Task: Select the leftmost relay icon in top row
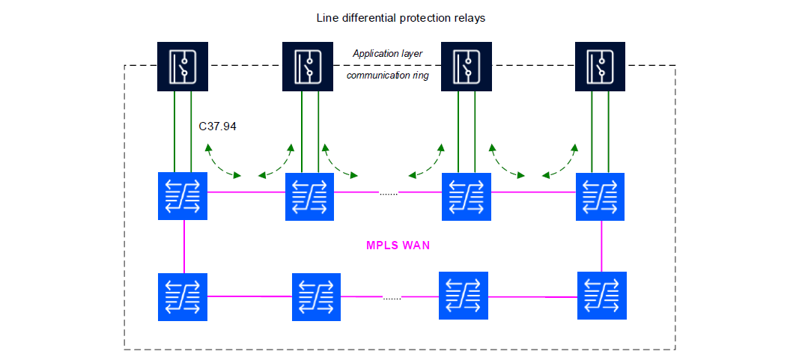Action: coord(182,66)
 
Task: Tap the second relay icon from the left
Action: coord(308,66)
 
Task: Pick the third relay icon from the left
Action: coord(465,66)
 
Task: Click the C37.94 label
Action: coord(217,126)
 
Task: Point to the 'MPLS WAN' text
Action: coord(398,245)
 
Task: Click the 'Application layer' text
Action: coord(387,54)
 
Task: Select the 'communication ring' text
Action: coord(387,75)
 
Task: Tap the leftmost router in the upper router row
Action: coord(183,196)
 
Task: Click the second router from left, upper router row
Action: coord(309,197)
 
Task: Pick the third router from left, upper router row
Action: coord(466,197)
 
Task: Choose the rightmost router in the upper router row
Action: coord(600,197)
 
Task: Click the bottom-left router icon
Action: coord(183,296)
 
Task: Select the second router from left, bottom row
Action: coord(316,296)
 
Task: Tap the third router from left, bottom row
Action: coord(463,296)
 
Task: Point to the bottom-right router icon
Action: coord(602,296)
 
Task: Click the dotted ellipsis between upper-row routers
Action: coord(389,194)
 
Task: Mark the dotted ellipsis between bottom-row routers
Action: coord(392,298)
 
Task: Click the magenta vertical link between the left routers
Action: coord(183,246)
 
